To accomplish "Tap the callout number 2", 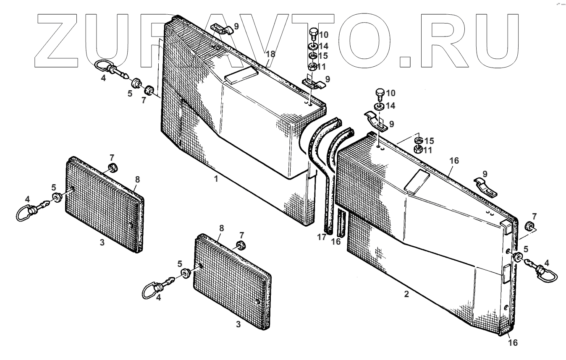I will (x=406, y=294).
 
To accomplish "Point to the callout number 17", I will (x=322, y=237).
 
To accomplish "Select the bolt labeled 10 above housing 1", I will (x=312, y=33).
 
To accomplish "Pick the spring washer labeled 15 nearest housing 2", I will (x=419, y=140).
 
